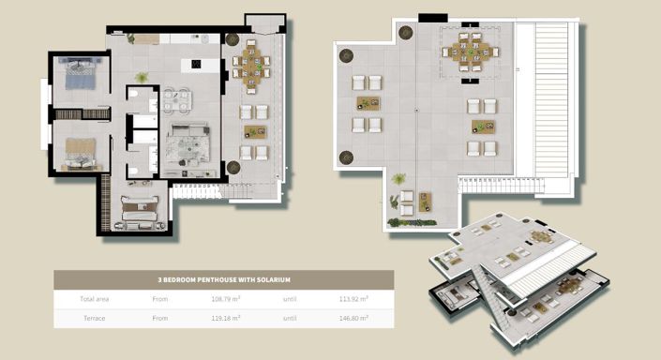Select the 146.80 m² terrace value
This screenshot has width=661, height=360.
pos(353,319)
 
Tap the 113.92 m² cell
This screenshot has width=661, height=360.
pos(353,300)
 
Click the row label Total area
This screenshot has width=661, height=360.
pos(94,300)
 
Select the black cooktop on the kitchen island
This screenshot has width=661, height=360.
pos(197,64)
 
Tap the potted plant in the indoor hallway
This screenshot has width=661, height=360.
pos(142,78)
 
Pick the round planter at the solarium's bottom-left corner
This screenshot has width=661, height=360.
pos(347,157)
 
